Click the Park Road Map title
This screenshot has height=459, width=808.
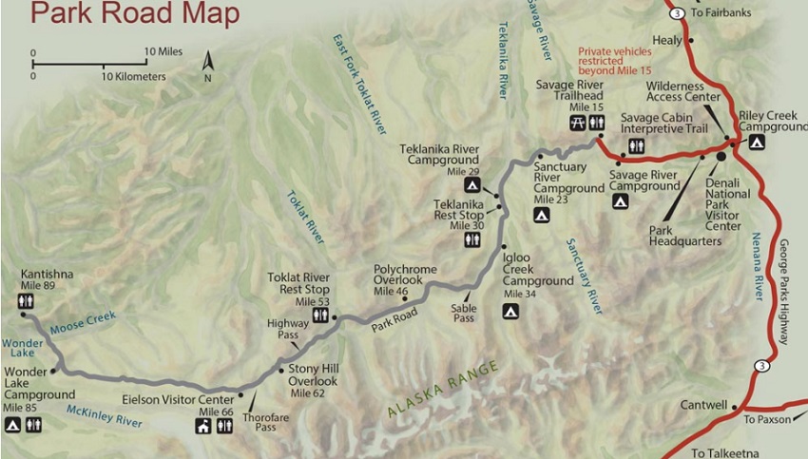134,14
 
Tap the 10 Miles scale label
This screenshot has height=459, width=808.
164,50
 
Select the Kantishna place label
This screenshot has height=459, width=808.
47,275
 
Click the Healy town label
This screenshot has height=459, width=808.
667,40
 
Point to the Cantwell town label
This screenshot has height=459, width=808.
704,405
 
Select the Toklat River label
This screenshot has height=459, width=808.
305,223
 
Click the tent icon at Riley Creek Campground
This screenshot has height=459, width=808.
757,143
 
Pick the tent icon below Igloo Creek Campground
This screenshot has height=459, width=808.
510,311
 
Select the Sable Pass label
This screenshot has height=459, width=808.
463,314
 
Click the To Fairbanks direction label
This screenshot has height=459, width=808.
715,12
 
